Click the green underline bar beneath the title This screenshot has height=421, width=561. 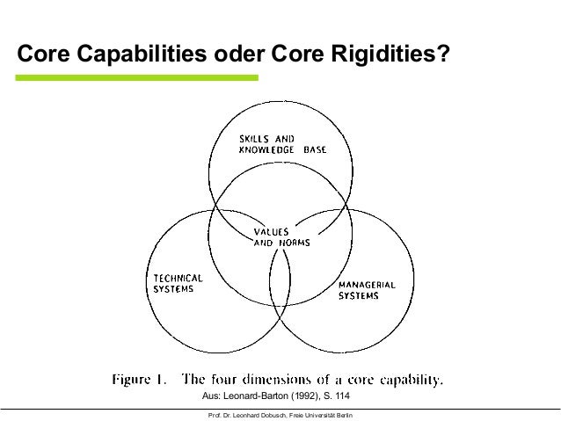137,78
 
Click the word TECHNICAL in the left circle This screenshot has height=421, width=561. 173,277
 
